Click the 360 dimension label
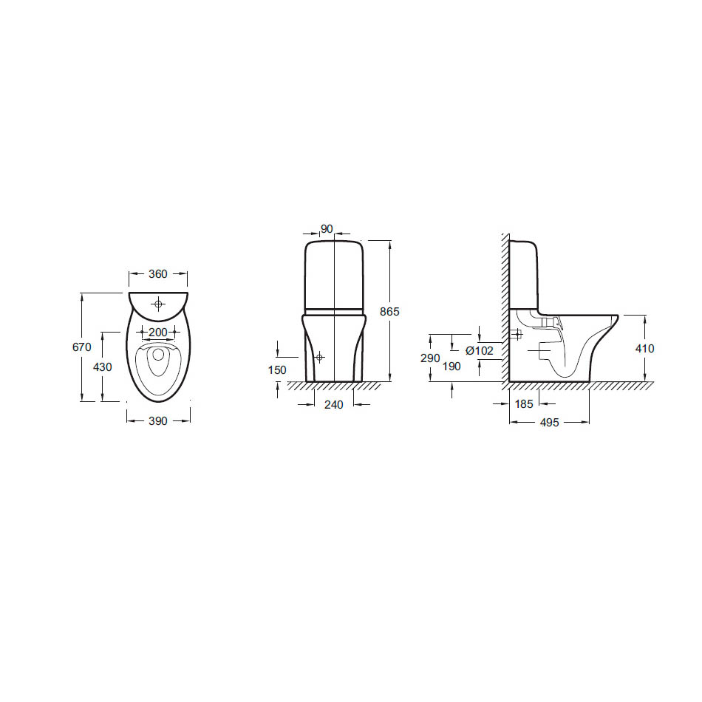point(158,274)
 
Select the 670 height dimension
point(82,347)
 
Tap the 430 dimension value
point(103,367)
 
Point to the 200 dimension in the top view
point(158,333)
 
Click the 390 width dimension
point(158,421)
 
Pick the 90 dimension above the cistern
point(327,229)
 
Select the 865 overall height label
point(389,312)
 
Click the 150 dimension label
point(278,369)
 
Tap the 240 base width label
point(333,405)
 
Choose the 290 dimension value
point(430,358)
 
